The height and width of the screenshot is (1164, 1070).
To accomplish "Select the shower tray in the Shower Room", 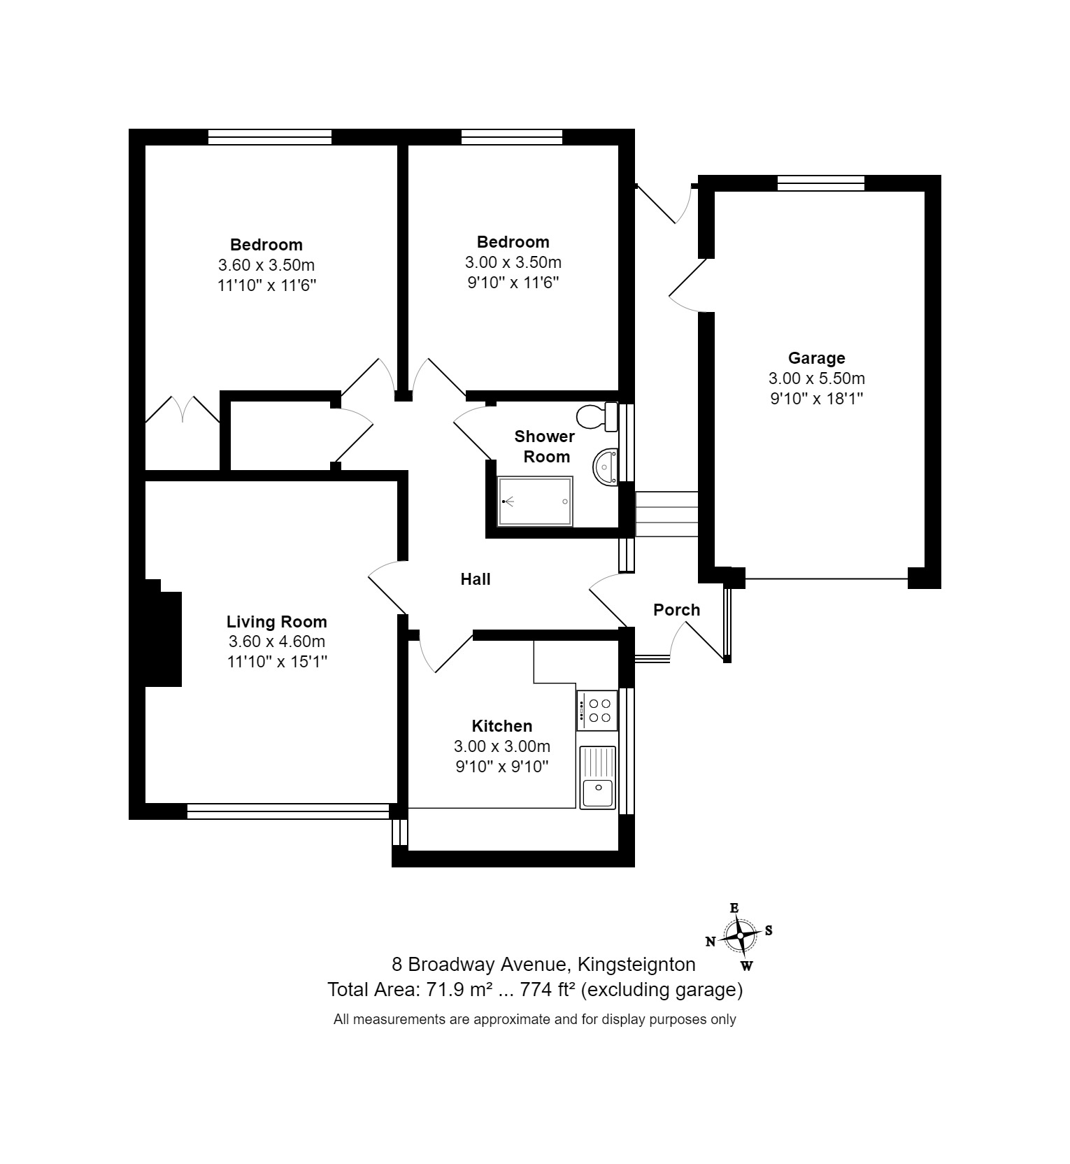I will coord(535,502).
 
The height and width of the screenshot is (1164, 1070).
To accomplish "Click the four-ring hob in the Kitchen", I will coord(597,710).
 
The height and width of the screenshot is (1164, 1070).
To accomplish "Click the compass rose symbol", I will coord(740,936).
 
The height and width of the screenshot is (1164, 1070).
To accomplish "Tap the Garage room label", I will coord(816,358).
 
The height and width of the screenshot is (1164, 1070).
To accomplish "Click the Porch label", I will coord(676,610).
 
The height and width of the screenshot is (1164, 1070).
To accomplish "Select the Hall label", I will coord(475,579).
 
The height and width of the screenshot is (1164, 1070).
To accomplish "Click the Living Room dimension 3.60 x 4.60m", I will coord(276,641).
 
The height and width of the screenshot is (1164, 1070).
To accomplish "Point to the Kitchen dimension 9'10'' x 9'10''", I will coord(501,767).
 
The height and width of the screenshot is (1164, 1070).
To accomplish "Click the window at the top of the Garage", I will coord(821,183).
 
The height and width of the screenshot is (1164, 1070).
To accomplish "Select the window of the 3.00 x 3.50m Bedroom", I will coord(512,137).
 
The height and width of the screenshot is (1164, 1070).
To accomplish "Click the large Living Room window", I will coord(287,811).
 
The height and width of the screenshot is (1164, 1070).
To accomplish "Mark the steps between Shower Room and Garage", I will coord(666,514).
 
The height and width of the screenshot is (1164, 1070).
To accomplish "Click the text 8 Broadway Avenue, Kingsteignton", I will coord(543,965).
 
